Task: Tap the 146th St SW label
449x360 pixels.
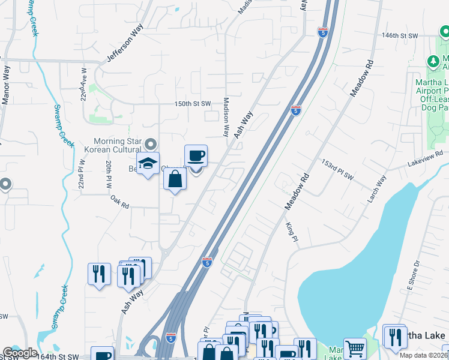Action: [x=400, y=36]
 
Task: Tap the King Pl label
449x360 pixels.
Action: [x=292, y=232]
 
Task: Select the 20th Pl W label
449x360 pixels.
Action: [x=109, y=175]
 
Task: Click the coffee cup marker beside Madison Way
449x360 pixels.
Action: [x=196, y=157]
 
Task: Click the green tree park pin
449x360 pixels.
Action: [x=432, y=61]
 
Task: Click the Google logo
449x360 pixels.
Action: [x=20, y=353]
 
